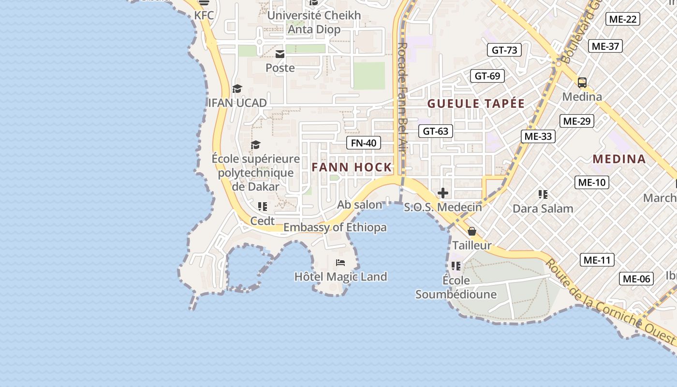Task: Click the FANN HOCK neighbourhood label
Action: tap(352, 167)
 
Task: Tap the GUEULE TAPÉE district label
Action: tap(476, 104)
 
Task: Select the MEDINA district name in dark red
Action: tap(619, 159)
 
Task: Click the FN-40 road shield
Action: tap(364, 143)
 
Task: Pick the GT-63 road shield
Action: tap(436, 131)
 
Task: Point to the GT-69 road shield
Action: tap(487, 76)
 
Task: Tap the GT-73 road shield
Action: tap(504, 50)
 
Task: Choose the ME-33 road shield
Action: tap(538, 136)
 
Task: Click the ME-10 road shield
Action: tap(591, 182)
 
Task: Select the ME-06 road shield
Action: tap(636, 279)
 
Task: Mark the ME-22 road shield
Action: tap(623, 19)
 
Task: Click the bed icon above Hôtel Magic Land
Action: tap(340, 263)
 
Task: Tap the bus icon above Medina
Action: tap(582, 82)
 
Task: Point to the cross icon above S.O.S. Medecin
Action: tap(442, 193)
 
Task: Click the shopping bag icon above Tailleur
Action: tap(472, 232)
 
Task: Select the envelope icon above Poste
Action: tap(280, 54)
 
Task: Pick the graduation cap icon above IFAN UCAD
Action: tap(237, 89)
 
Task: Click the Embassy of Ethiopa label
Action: tap(335, 227)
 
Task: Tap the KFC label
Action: tap(204, 15)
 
